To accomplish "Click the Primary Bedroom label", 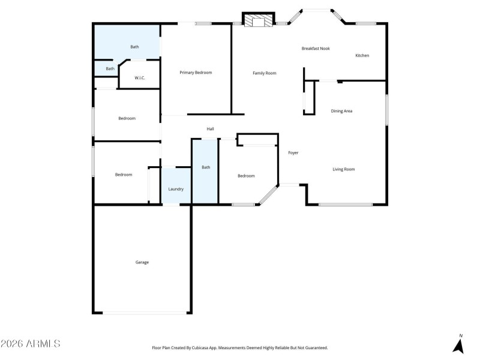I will (x=196, y=73).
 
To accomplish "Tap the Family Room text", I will (x=264, y=73).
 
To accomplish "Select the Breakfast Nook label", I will (x=316, y=49).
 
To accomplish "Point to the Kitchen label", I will (x=362, y=56).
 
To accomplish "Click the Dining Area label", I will (x=341, y=111).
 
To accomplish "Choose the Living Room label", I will (x=344, y=169).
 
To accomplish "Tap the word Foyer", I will (x=293, y=153).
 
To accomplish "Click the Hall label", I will (x=211, y=129).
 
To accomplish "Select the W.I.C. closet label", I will (x=139, y=78).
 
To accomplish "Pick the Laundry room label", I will (x=176, y=189).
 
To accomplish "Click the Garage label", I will (x=142, y=262).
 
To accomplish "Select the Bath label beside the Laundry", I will (x=206, y=167).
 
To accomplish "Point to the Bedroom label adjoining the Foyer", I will (x=246, y=176).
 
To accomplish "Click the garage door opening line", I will (x=143, y=313).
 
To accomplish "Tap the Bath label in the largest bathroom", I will (x=135, y=47).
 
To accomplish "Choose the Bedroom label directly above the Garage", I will (x=124, y=175).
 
